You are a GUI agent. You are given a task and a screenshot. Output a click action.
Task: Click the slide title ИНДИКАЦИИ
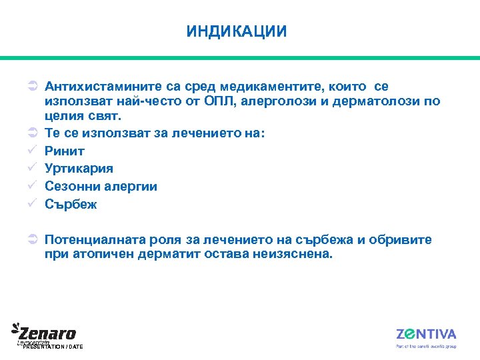pos(237,31)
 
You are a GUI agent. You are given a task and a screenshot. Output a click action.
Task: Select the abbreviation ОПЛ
pos(219,102)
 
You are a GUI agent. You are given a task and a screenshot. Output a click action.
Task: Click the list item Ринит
pos(65,151)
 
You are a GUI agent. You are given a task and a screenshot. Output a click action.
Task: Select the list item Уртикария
pos(79,169)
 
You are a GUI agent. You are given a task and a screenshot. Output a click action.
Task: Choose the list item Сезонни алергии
pos(101,187)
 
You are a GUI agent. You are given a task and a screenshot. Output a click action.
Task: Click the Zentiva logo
pos(426,334)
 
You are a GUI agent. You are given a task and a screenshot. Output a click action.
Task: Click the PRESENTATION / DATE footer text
pos(53,347)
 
